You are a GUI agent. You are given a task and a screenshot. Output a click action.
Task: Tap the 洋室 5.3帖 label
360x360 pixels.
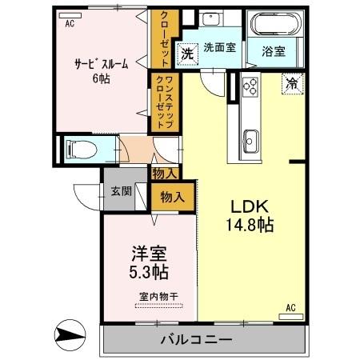click(150, 263)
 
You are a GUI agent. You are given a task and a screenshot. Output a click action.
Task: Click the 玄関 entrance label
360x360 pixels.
click(122, 191)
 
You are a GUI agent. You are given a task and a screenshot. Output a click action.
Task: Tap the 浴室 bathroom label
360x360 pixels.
click(275, 50)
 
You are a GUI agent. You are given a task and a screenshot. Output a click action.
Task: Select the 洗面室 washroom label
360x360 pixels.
click(218, 47)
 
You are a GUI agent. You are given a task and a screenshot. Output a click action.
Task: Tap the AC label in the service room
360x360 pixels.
click(70, 25)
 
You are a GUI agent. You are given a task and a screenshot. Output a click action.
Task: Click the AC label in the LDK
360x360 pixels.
click(291, 306)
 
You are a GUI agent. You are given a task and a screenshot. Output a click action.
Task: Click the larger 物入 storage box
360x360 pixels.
click(173, 196)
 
